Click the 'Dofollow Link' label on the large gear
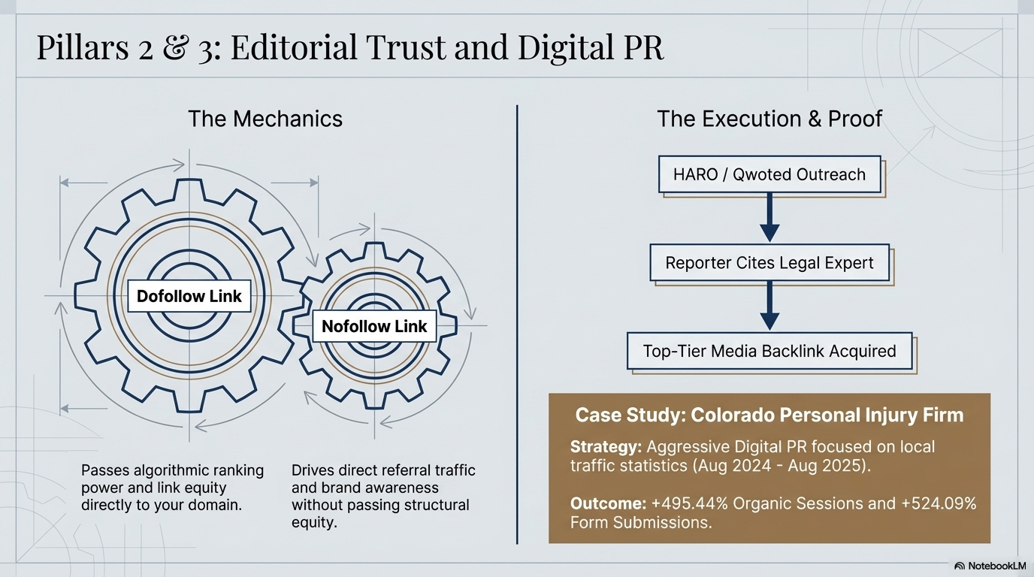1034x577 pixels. tap(189, 296)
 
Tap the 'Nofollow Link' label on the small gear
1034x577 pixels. tap(374, 326)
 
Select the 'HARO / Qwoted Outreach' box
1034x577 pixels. tap(769, 174)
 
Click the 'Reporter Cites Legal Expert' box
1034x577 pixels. tap(769, 263)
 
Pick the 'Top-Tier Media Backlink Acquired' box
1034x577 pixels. tap(769, 351)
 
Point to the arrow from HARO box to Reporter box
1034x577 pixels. tap(769, 219)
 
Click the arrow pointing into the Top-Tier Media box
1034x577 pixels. tap(769, 307)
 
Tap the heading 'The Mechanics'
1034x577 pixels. tap(265, 119)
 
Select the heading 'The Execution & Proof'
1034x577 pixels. tap(769, 119)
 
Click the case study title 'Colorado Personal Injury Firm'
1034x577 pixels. tap(827, 415)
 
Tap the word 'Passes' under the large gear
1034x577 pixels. tap(105, 471)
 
